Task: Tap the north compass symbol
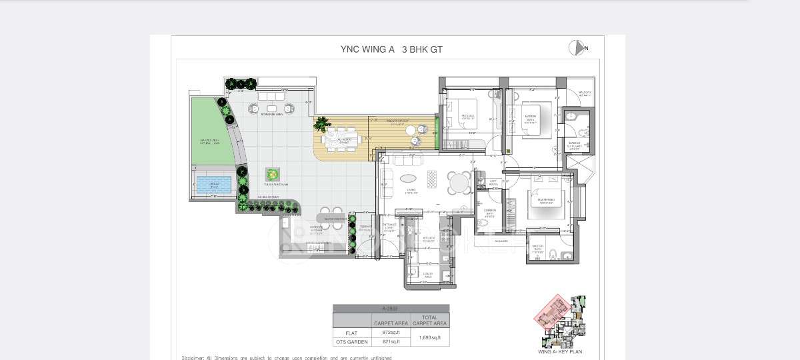pyautogui.click(x=577, y=48)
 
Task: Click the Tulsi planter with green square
pyautogui.click(x=272, y=175)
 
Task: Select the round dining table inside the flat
pyautogui.click(x=459, y=182)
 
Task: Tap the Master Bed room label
pyautogui.click(x=546, y=200)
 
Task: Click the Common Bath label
pyautogui.click(x=489, y=214)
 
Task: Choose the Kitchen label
pyautogui.click(x=429, y=239)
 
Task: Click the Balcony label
pyautogui.click(x=585, y=94)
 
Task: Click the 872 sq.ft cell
pyautogui.click(x=391, y=332)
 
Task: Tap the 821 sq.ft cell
pyautogui.click(x=391, y=341)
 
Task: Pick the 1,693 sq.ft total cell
pyautogui.click(x=429, y=337)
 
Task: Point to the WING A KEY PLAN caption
pyautogui.click(x=559, y=351)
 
